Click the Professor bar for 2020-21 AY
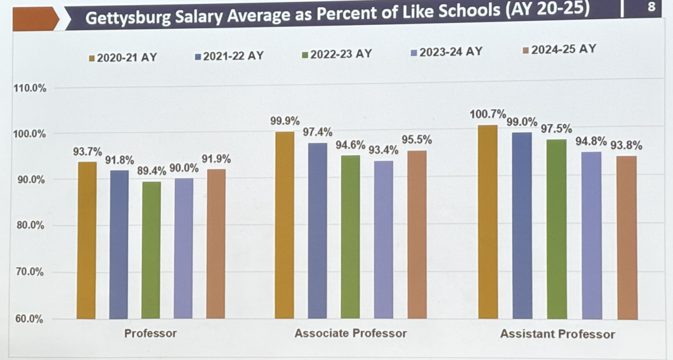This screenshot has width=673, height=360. point(87,240)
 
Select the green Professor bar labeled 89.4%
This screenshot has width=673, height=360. point(151,250)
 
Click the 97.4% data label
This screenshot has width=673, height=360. point(317,133)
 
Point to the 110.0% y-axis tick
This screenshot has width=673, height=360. point(30,88)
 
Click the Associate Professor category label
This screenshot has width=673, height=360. point(350,333)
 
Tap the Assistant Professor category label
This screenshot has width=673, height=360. point(557,334)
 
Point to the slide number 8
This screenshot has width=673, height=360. point(651,8)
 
